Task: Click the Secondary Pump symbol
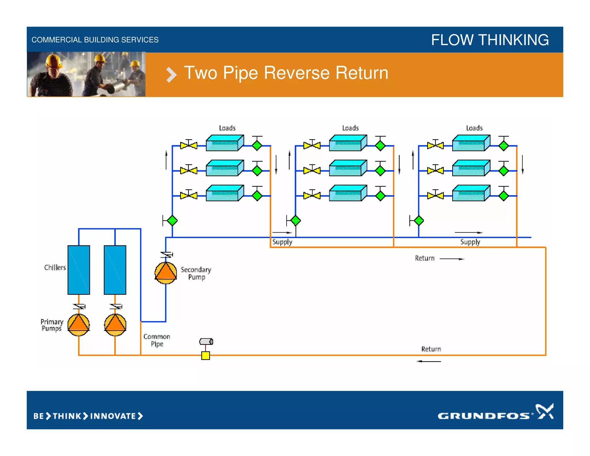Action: click(166, 272)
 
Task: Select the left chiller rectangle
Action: click(79, 270)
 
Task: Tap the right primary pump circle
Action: click(115, 325)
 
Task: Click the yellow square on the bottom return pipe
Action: click(205, 355)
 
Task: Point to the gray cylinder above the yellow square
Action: click(206, 342)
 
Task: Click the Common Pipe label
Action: click(157, 340)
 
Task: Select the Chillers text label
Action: click(55, 267)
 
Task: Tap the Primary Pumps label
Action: click(52, 325)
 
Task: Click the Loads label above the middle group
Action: click(350, 128)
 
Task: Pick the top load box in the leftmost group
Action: click(225, 143)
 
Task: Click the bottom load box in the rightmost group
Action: click(471, 193)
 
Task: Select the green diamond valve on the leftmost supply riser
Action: click(172, 221)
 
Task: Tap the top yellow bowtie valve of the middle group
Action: click(312, 145)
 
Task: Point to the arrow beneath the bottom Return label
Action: click(429, 361)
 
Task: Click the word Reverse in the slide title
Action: click(296, 73)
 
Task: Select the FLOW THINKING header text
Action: click(490, 40)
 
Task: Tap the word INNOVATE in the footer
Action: click(113, 416)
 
